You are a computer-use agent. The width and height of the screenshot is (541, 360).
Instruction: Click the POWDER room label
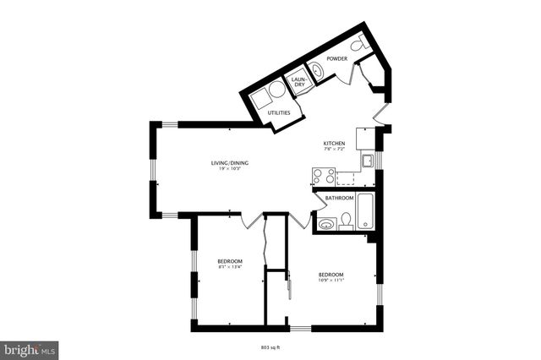coord(337,59)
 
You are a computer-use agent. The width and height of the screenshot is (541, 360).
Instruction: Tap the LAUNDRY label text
coord(298,83)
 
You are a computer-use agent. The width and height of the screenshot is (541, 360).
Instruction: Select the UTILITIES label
coord(279,112)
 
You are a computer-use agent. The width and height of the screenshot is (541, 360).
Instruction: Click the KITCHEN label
coord(334,144)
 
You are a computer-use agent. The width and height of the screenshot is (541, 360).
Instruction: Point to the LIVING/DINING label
coord(229,162)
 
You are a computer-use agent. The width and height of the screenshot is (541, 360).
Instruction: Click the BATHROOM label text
coord(339,198)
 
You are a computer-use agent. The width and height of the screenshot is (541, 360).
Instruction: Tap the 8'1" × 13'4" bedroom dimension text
coord(230,266)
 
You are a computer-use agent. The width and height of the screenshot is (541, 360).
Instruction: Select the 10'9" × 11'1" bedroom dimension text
coord(331,280)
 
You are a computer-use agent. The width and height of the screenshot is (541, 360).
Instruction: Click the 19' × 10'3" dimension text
coord(229,169)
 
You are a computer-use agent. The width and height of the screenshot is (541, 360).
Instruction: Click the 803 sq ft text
coord(270,346)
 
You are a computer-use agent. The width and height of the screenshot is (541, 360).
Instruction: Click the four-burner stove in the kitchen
coord(322,176)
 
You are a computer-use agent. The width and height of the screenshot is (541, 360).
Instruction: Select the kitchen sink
coord(369,161)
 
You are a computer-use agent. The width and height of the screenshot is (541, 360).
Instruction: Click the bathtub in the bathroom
coord(365,211)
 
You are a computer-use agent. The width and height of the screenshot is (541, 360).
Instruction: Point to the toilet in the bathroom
coord(345,222)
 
